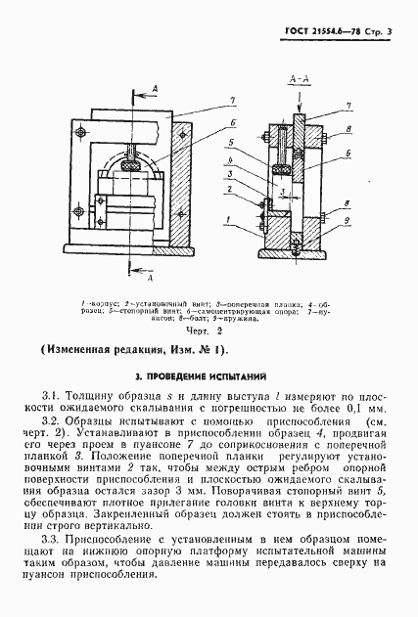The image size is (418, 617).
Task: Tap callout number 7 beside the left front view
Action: point(233,101)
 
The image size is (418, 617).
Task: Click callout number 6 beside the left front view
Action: point(233,121)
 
